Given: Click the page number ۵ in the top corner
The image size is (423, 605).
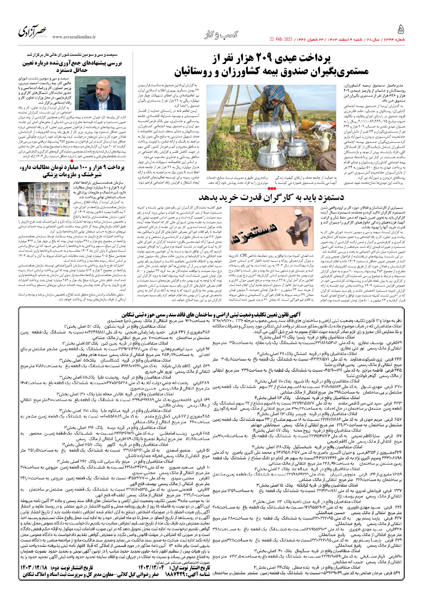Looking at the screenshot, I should [x=401, y=30].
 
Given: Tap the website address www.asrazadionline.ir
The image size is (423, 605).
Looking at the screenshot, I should [x=74, y=37].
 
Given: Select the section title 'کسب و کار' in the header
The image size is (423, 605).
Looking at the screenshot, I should [x=221, y=35].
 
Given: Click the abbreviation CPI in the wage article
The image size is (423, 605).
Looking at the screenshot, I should [x=243, y=256].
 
